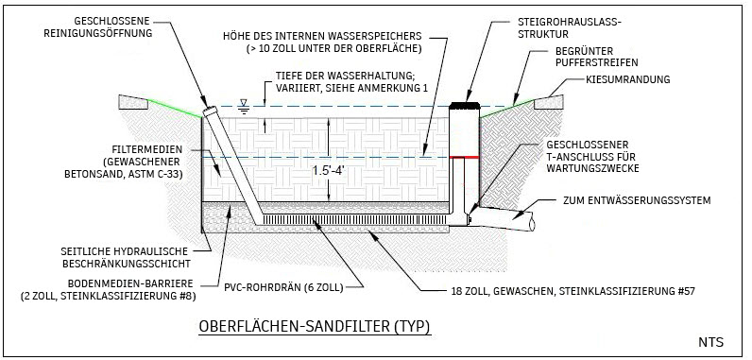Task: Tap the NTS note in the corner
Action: click(x=710, y=342)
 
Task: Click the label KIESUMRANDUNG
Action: click(x=628, y=79)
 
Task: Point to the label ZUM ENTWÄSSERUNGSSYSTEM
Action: click(x=637, y=200)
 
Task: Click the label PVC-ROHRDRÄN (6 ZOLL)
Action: click(x=284, y=287)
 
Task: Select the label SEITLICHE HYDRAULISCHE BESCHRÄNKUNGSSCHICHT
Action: click(x=125, y=257)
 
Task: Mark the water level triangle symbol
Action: click(x=244, y=103)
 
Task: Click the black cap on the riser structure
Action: click(x=464, y=105)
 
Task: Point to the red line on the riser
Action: click(x=464, y=157)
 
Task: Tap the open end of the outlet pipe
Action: click(x=530, y=224)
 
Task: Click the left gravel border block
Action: click(x=133, y=102)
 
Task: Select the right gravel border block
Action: click(x=549, y=102)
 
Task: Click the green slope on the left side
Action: click(x=175, y=109)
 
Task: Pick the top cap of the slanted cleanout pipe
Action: click(x=209, y=111)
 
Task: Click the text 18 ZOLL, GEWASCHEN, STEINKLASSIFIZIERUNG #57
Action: click(x=573, y=290)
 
